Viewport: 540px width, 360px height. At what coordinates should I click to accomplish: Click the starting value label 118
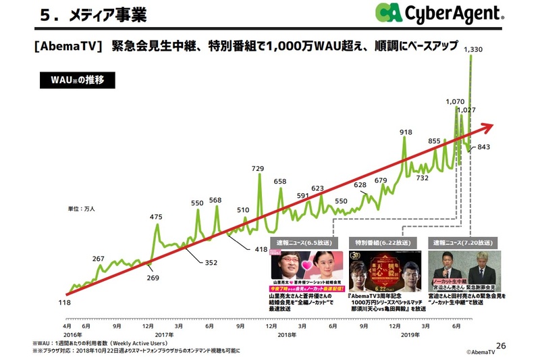(x=65, y=302)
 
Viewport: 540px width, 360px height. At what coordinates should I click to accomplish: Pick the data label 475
(x=156, y=217)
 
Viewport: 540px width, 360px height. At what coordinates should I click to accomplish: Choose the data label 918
(x=406, y=132)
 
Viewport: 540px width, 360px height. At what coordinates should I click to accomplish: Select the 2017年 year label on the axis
(x=164, y=333)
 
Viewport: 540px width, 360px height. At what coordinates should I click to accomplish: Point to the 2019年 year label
(x=411, y=333)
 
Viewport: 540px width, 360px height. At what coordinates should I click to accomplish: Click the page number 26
(x=500, y=344)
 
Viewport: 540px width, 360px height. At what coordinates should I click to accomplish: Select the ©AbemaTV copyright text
(x=485, y=353)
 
